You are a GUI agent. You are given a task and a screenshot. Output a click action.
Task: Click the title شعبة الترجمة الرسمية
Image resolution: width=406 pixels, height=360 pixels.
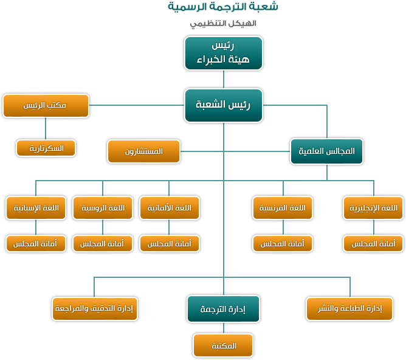pyautogui.click(x=223, y=7)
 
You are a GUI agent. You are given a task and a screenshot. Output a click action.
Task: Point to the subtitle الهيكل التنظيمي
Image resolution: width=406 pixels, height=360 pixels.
pyautogui.click(x=223, y=24)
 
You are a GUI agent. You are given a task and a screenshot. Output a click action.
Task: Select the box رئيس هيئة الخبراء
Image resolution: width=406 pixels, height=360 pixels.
pyautogui.click(x=223, y=53)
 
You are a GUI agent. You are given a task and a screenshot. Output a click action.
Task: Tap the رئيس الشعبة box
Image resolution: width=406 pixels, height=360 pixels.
pyautogui.click(x=223, y=105)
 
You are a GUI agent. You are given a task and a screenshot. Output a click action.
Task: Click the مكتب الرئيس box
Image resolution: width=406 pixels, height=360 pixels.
pyautogui.click(x=46, y=105)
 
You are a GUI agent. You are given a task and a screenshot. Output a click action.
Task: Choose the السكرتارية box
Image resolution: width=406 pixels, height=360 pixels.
pyautogui.click(x=46, y=148)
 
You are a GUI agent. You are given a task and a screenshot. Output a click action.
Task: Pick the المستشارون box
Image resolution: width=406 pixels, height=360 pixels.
pyautogui.click(x=144, y=151)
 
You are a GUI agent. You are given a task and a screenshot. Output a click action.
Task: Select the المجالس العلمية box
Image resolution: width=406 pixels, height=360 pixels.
pyautogui.click(x=327, y=151)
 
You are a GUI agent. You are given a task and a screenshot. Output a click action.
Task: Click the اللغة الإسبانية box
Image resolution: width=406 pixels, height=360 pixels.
pyautogui.click(x=35, y=208)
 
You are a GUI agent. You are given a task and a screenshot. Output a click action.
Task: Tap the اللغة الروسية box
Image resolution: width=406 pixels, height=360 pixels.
pyautogui.click(x=101, y=208)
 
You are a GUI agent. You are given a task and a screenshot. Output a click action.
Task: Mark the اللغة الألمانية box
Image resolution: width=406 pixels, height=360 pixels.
pyautogui.click(x=169, y=208)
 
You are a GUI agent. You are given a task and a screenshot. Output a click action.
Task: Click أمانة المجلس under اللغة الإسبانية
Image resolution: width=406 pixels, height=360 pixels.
pyautogui.click(x=35, y=243)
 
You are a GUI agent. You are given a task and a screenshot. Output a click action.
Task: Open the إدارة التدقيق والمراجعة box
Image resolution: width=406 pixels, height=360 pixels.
pyautogui.click(x=95, y=308)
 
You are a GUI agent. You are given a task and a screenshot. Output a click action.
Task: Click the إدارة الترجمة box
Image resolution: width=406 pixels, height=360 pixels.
pyautogui.click(x=223, y=309)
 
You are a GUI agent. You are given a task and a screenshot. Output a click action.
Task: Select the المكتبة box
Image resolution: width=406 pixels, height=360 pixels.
pyautogui.click(x=223, y=345)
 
